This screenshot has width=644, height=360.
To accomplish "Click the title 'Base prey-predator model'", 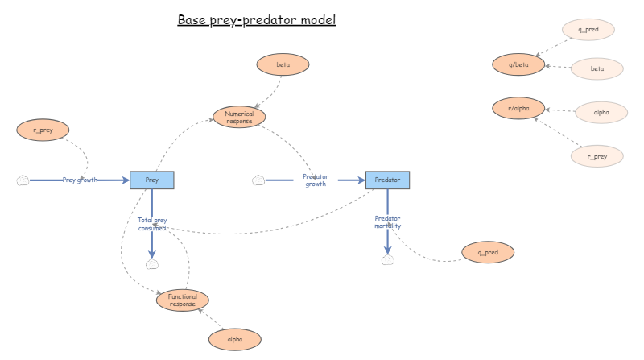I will click(256, 19).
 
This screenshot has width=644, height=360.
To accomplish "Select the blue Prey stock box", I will click(152, 180).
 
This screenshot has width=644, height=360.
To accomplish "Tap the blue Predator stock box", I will click(388, 180).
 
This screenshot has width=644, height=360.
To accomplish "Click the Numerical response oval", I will click(239, 118).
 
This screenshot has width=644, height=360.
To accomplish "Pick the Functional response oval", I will click(183, 300).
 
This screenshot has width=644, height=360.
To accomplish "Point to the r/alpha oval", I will click(518, 108).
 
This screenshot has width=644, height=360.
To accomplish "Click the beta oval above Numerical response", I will click(283, 64).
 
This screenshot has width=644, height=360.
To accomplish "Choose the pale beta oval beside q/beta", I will click(597, 69).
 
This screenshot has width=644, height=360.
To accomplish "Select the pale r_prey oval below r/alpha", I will click(597, 156).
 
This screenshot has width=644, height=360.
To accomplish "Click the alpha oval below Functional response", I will click(235, 340).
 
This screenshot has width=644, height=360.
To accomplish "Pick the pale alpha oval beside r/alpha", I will click(601, 112).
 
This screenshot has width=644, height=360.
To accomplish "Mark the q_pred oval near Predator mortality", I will click(488, 252).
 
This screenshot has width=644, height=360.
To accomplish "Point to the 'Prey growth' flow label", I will click(80, 180).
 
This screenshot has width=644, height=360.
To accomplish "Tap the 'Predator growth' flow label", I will click(315, 180).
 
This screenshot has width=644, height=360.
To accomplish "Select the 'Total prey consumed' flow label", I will click(152, 223).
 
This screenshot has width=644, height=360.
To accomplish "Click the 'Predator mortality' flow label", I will click(387, 221).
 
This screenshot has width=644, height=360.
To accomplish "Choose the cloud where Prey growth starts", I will click(23, 180).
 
